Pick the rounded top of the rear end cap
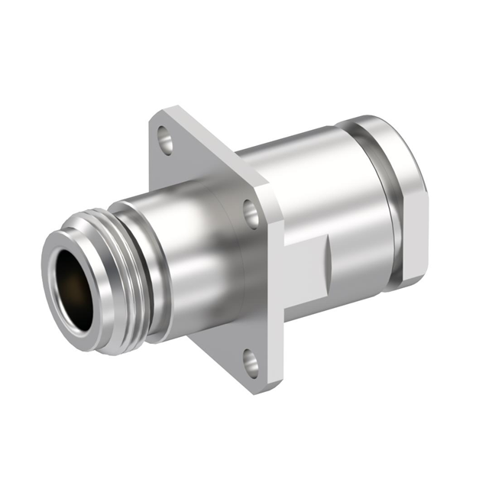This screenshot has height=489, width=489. (382, 126)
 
